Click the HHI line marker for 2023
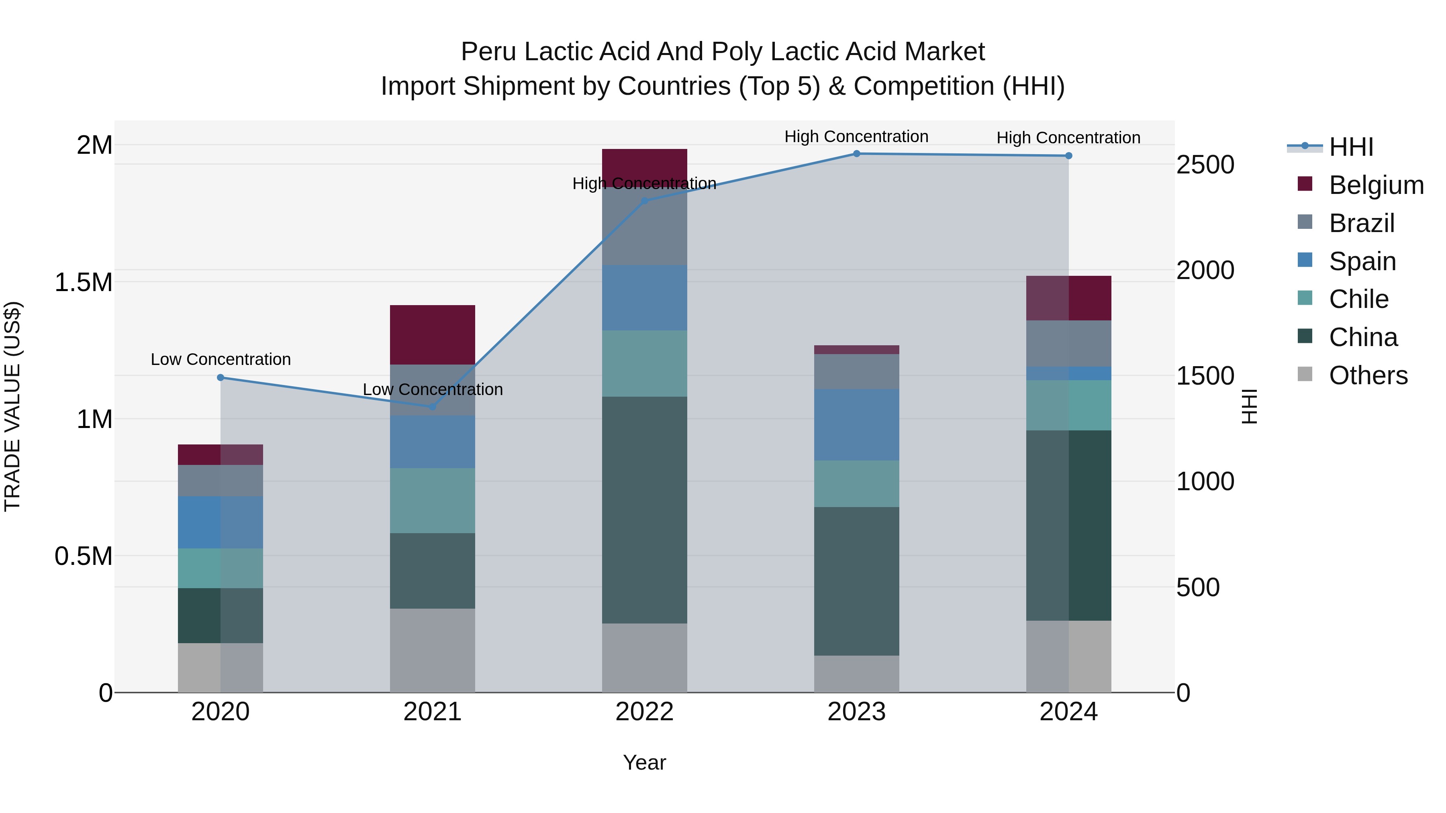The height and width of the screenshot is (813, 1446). (857, 154)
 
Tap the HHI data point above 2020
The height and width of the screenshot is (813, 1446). (221, 378)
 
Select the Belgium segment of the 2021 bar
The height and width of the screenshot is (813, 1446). (432, 334)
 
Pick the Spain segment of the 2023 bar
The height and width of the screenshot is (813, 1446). (857, 425)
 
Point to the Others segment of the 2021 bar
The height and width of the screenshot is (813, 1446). (432, 650)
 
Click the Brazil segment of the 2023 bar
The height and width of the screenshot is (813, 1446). (857, 371)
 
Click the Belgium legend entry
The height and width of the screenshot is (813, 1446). (1375, 185)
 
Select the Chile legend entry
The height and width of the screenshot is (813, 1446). (1358, 299)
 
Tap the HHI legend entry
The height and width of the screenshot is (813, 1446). (1350, 147)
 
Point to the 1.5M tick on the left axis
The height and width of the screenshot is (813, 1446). (83, 282)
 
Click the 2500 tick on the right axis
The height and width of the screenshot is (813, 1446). (1205, 165)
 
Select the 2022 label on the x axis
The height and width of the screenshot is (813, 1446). (644, 712)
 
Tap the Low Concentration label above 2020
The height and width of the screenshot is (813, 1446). (221, 359)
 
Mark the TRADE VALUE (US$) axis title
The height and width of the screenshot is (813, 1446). (12, 406)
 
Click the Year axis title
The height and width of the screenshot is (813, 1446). (644, 762)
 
